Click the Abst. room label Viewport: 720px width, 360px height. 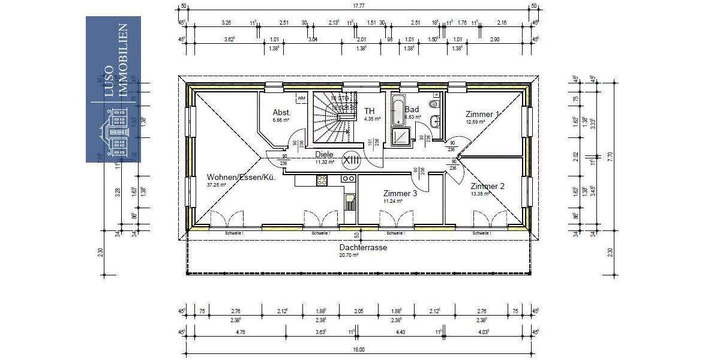(281, 112)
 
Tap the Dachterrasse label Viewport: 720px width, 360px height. (363, 247)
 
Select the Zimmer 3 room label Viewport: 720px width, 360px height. (400, 193)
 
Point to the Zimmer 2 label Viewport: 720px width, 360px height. (487, 186)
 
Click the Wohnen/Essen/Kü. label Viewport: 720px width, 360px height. (241, 177)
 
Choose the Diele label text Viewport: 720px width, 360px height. (324, 154)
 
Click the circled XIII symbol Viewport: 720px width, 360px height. (350, 160)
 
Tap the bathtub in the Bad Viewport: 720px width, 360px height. (398, 112)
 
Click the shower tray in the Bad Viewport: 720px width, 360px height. (399, 138)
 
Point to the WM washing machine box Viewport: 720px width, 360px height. (301, 98)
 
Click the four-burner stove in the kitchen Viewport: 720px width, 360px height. (322, 179)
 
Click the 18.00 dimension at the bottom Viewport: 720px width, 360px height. (359, 349)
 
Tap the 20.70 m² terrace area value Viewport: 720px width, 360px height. (349, 255)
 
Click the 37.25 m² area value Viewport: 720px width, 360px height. (217, 185)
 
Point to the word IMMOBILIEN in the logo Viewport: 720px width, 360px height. (124, 59)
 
